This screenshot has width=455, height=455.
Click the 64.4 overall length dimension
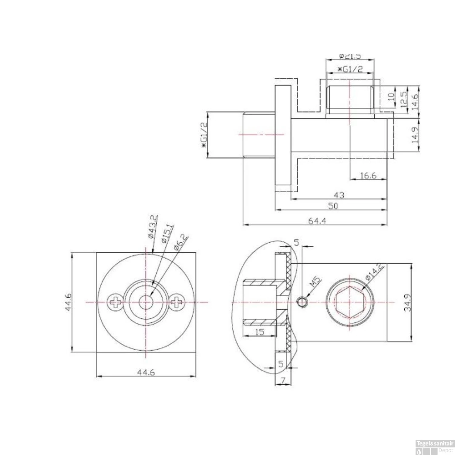click(x=317, y=221)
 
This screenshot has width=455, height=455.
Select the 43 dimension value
click(x=339, y=195)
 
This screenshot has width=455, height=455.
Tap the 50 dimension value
click(x=333, y=206)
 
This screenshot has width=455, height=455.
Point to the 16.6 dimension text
click(x=368, y=175)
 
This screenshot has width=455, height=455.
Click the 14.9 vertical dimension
click(x=415, y=135)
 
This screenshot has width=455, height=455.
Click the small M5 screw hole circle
click(x=302, y=302)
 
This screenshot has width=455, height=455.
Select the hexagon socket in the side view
click(x=350, y=302)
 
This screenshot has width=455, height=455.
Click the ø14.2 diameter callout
click(x=375, y=272)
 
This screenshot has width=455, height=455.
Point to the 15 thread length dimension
click(x=260, y=332)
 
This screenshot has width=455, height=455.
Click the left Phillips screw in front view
click(x=115, y=302)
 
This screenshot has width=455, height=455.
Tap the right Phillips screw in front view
click(x=177, y=302)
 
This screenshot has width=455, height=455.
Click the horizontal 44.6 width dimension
click(x=146, y=372)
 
